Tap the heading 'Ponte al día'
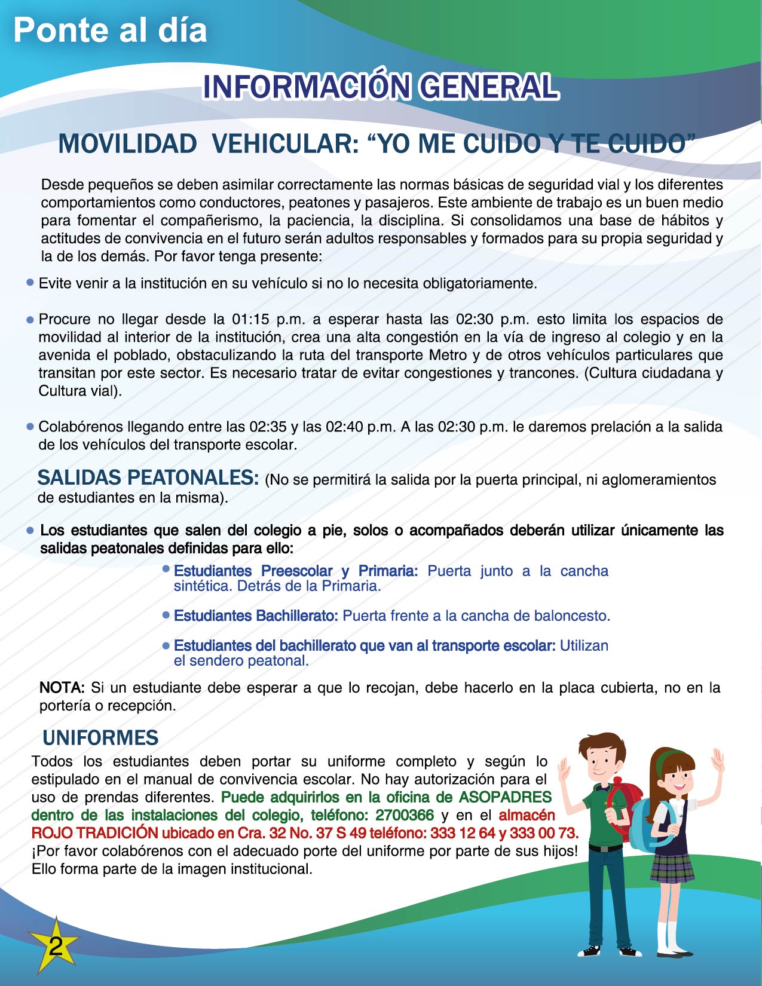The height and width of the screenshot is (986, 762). pos(110,30)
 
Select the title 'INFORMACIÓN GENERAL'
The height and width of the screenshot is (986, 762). pos(381,87)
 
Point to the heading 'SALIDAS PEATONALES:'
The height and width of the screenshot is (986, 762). pos(148,478)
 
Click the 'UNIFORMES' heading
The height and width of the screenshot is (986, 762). pos(100,738)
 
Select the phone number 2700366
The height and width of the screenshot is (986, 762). pos(405,815)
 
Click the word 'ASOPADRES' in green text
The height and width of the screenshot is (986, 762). pos(506,797)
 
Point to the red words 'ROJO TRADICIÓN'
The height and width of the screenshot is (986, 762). pos(94,833)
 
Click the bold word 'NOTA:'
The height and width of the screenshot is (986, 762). pos(62,688)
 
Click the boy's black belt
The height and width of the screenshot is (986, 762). pos(605,847)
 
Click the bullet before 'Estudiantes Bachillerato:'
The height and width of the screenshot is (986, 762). pos(166,615)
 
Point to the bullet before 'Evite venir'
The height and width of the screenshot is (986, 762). pos(30,283)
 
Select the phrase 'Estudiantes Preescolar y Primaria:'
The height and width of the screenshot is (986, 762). pos(295,571)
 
